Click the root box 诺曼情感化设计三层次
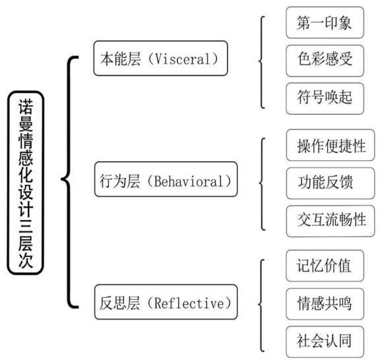(x=26, y=183)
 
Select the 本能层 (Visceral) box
(x=160, y=58)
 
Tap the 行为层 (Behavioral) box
(x=166, y=179)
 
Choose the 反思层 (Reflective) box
(x=166, y=302)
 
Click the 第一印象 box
(x=325, y=22)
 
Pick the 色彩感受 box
(x=325, y=61)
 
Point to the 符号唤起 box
(x=325, y=98)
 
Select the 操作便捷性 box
(x=331, y=145)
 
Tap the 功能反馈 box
(x=331, y=183)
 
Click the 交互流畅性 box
(x=331, y=221)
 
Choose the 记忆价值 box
(x=325, y=266)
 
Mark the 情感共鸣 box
(x=325, y=303)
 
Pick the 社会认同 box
(x=325, y=342)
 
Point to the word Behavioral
(x=189, y=181)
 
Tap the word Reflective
(x=189, y=303)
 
